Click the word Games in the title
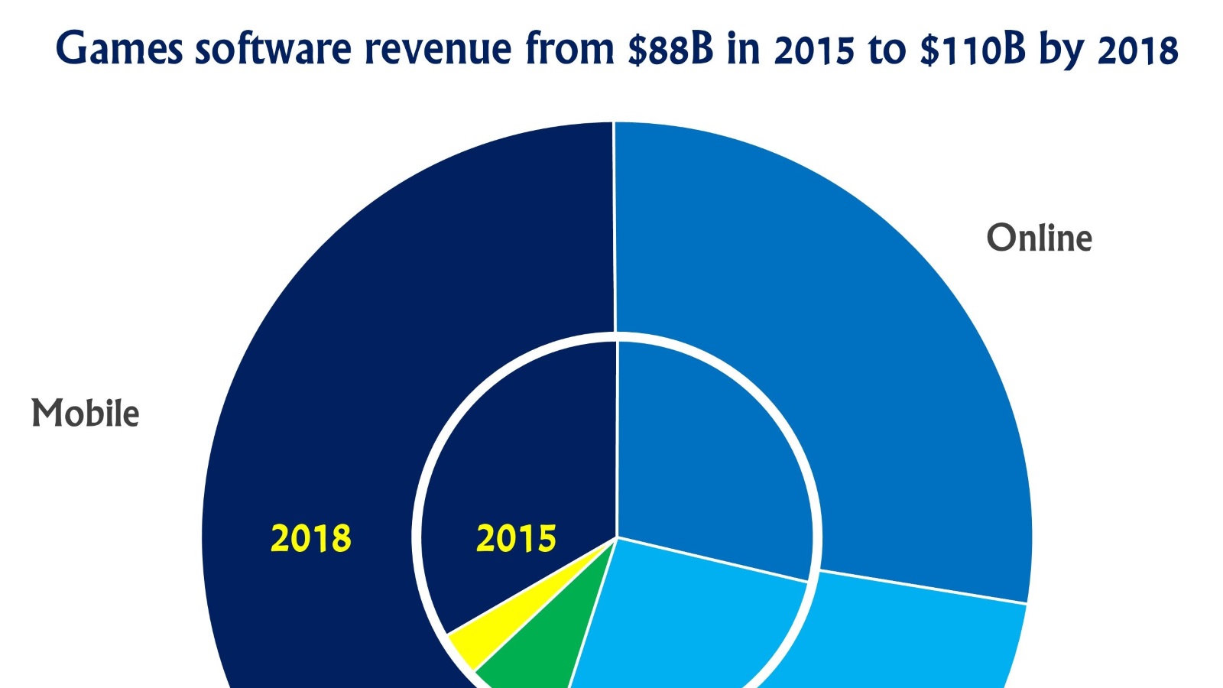click(x=119, y=50)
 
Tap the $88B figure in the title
click(x=670, y=50)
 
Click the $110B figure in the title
click(x=972, y=50)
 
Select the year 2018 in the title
click(x=1138, y=50)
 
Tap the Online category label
click(x=1039, y=238)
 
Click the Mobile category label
click(x=86, y=414)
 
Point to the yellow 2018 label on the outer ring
click(x=311, y=538)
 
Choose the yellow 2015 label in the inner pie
click(x=516, y=538)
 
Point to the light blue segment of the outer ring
click(x=917, y=642)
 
